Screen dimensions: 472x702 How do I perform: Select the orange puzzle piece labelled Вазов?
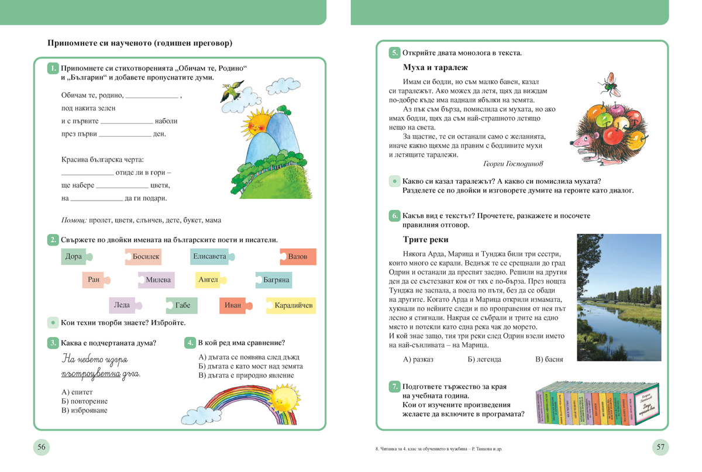click(x=298, y=257)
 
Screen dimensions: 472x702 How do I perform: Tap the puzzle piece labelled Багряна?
click(x=274, y=280)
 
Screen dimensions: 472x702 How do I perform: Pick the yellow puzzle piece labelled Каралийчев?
click(x=292, y=305)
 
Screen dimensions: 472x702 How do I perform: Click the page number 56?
click(x=42, y=447)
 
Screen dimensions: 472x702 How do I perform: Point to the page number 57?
click(x=660, y=447)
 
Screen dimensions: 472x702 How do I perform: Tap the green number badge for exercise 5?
click(x=395, y=53)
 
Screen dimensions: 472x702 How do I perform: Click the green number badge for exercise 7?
click(x=395, y=387)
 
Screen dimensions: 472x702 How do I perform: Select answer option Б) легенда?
click(x=484, y=359)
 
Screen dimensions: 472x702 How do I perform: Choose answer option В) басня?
click(x=549, y=359)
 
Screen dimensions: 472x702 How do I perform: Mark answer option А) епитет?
click(x=77, y=392)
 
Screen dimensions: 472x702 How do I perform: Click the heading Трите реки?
click(x=426, y=240)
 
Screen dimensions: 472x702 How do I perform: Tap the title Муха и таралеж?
click(x=435, y=68)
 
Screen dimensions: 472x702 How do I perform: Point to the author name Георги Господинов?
click(x=513, y=164)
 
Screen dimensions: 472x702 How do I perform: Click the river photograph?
click(x=619, y=297)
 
